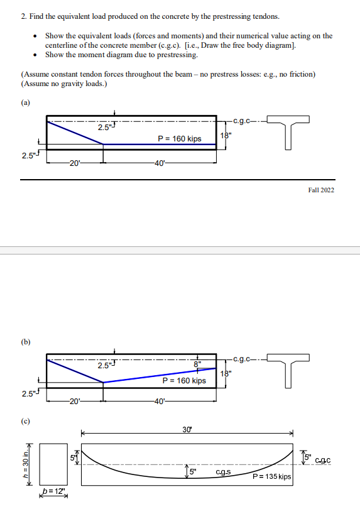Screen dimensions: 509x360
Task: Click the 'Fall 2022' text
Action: coord(321,189)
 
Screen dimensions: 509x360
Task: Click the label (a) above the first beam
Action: coord(25,102)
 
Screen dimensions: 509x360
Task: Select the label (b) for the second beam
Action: coord(25,342)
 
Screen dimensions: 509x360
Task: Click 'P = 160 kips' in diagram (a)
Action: coord(180,138)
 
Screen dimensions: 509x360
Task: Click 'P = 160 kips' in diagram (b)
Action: coord(184,380)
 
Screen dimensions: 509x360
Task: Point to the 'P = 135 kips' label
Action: coord(272,477)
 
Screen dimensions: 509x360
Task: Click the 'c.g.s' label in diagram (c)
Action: coord(223,472)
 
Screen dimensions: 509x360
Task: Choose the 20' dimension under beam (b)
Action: coord(74,402)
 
